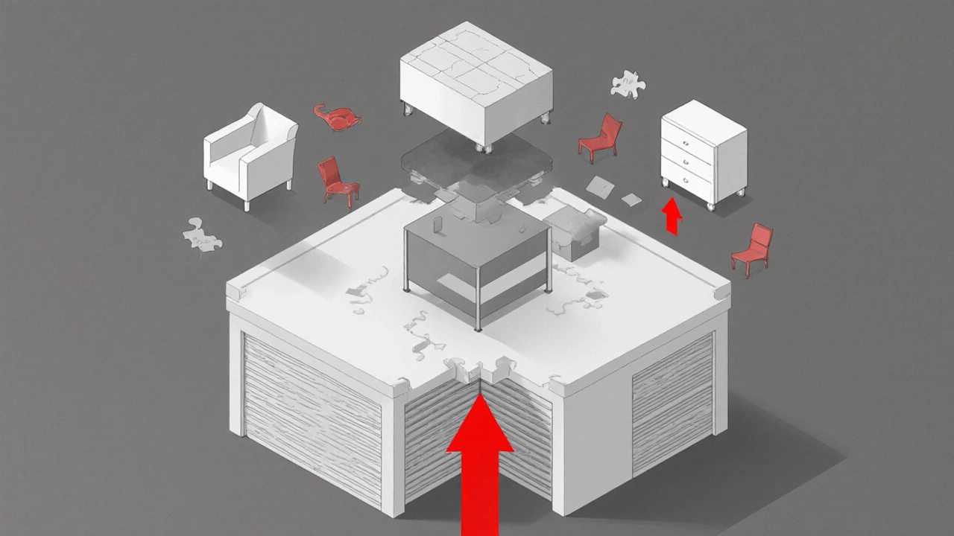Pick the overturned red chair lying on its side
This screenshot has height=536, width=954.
(x=338, y=117)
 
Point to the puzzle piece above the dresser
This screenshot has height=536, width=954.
(x=628, y=84)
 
